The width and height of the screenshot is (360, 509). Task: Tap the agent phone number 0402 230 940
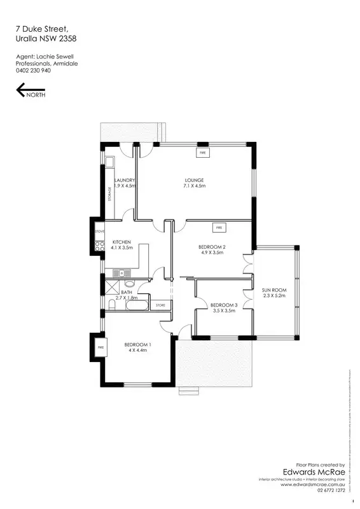33,71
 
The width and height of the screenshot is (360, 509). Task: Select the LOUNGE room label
194,181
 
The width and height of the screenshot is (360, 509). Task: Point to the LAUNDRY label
125,181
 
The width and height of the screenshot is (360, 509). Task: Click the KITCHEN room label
121,242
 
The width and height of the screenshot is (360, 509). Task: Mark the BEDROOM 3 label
224,305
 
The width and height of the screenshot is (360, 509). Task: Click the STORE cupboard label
161,306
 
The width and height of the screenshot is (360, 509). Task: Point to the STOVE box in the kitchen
99,232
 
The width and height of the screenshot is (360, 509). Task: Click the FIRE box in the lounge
203,153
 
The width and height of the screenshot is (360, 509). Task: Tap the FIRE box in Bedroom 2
218,227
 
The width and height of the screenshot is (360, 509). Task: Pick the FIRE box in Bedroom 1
100,347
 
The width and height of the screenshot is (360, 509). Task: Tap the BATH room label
126,293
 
